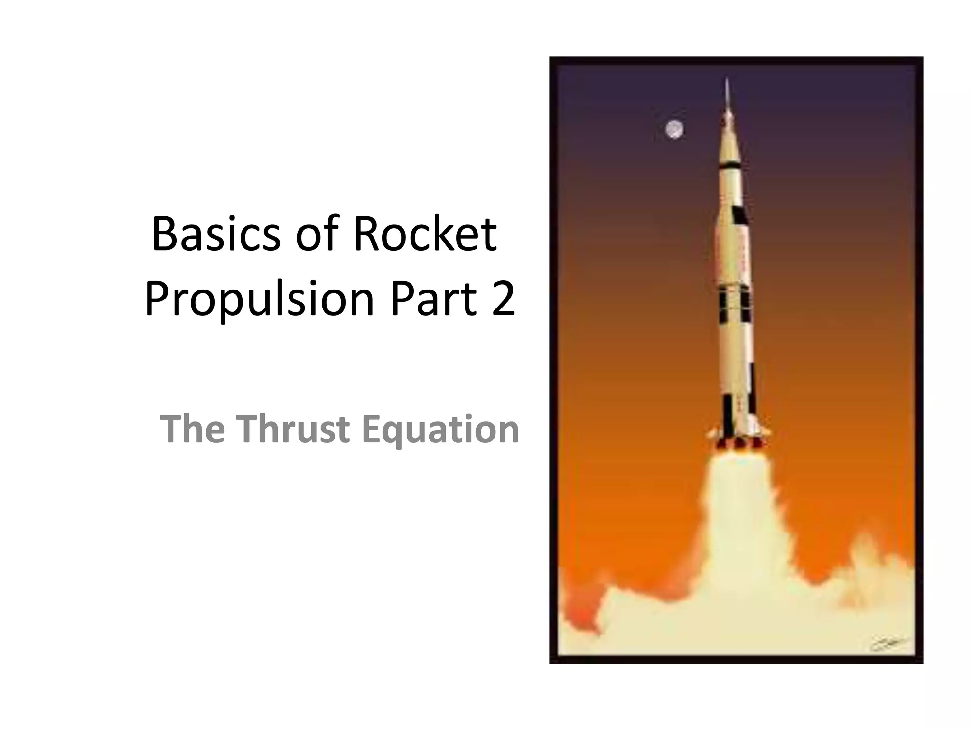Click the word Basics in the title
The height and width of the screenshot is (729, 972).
coord(216,234)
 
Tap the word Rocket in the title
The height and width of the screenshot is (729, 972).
coord(425,234)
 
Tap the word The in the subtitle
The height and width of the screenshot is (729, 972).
coord(192,429)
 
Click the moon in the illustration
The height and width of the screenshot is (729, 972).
coord(674,129)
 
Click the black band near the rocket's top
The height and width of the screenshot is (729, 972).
coord(730,166)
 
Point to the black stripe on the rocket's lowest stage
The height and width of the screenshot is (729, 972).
coord(727,411)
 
